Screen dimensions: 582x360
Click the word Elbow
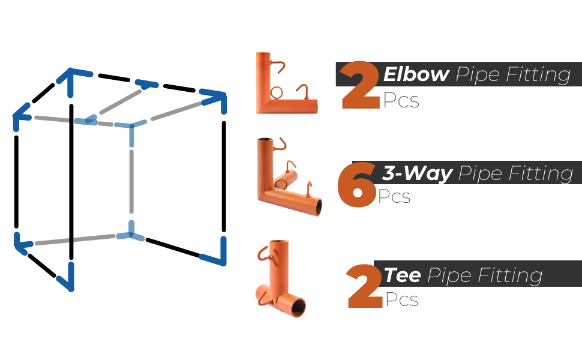pos(416,74)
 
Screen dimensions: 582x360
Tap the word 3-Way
pos(418,173)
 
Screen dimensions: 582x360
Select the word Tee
pos(403,275)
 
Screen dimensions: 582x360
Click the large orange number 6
pos(356,184)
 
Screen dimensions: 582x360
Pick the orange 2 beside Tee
pos(364,286)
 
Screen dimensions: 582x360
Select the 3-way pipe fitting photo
pos(289,176)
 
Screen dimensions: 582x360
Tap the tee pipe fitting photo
pos(281,278)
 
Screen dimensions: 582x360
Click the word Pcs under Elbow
pos(401,100)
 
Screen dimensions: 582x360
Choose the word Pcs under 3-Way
pos(394,196)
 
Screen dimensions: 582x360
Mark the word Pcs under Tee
pos(402,299)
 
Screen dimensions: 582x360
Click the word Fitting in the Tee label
pos(511,276)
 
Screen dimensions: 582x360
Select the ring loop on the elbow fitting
pos(276,93)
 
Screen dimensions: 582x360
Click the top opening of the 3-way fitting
pos(265,140)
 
